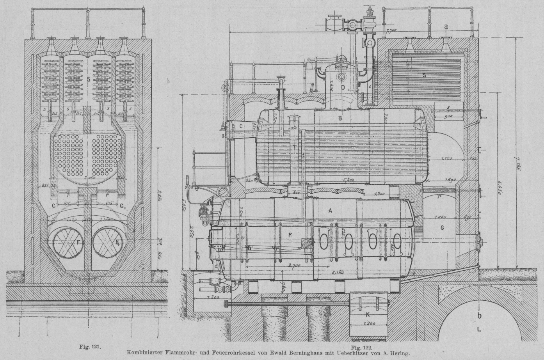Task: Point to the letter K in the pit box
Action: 367,314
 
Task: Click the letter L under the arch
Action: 479,329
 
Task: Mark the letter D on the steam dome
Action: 343,87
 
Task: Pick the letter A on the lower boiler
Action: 330,211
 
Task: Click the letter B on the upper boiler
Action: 340,117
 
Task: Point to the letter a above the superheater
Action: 446,26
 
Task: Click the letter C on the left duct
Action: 241,126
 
